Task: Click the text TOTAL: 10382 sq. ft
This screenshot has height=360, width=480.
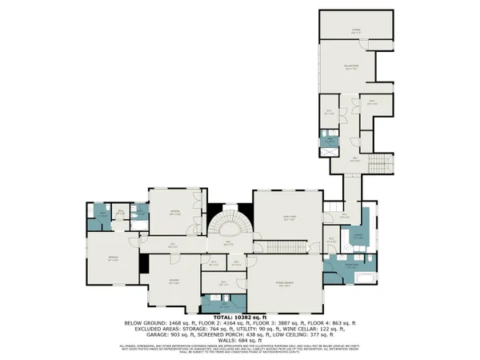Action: click(240, 318)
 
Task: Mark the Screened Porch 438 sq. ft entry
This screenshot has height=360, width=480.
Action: click(209, 336)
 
